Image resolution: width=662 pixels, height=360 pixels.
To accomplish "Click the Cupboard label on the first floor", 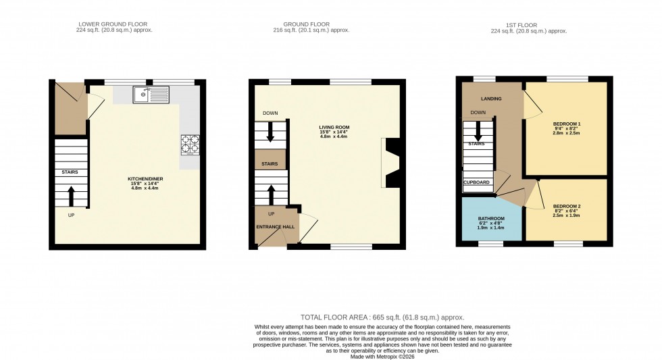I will click(x=476, y=182).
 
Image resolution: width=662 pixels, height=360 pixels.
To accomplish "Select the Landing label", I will click(x=491, y=99).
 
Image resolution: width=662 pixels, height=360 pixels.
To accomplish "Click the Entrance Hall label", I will click(x=276, y=226).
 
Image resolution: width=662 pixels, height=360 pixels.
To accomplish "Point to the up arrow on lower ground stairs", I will click(x=72, y=195).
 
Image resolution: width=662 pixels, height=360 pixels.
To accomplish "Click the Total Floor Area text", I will click(x=382, y=317).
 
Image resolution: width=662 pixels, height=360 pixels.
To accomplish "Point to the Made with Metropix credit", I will click(x=382, y=356).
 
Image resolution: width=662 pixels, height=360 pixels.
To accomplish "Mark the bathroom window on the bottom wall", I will click(x=491, y=243).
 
